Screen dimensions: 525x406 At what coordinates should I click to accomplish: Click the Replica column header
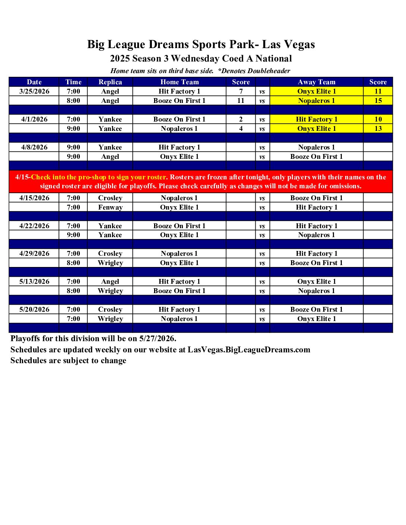[110, 82]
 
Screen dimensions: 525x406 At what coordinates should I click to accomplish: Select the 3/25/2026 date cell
[34, 91]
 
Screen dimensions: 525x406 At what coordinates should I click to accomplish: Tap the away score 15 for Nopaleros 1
[378, 101]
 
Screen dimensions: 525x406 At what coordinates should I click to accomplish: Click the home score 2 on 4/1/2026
[241, 119]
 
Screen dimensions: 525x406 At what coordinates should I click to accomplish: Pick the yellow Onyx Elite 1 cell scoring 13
[316, 129]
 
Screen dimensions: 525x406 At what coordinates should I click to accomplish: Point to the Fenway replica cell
[110, 207]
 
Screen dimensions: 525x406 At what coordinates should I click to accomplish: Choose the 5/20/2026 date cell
[34, 309]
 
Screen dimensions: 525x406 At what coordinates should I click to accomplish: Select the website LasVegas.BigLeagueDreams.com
[249, 350]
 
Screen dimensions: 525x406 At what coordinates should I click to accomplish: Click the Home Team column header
[179, 82]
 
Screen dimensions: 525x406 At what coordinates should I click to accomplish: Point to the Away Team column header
[316, 82]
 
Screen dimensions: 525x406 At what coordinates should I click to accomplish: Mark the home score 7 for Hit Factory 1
[241, 91]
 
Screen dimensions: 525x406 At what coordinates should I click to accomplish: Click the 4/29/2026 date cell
[34, 254]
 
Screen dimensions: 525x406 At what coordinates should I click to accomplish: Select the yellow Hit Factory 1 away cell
[316, 119]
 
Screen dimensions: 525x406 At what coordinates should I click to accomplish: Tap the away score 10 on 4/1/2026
[378, 119]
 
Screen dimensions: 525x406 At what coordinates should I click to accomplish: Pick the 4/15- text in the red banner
[23, 177]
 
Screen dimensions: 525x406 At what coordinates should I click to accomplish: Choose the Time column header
[73, 82]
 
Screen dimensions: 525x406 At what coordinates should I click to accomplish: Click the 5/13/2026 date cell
[34, 282]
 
